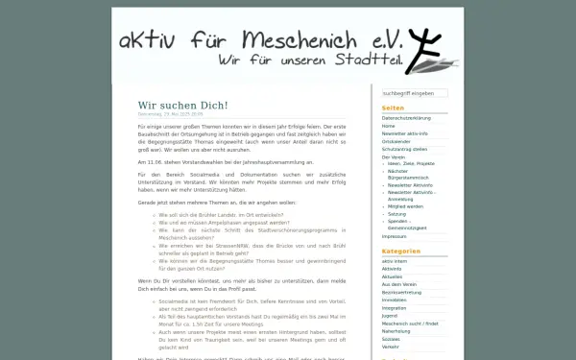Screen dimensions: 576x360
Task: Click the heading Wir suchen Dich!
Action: click(182, 104)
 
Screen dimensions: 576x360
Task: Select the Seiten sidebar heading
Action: click(393, 108)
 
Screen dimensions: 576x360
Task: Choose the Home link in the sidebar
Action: click(388, 126)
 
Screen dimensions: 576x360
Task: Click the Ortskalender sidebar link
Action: click(396, 141)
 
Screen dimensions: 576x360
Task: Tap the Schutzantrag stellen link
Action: click(404, 149)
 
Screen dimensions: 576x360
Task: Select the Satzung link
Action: click(398, 213)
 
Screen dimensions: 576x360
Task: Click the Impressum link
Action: click(395, 235)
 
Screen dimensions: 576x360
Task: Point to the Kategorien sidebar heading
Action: click(401, 251)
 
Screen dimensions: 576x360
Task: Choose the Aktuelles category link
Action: click(395, 276)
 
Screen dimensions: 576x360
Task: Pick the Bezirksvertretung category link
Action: click(402, 292)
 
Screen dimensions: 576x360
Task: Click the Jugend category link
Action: click(390, 315)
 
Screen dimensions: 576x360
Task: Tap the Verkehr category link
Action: click(391, 346)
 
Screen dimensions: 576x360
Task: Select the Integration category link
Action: click(396, 307)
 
